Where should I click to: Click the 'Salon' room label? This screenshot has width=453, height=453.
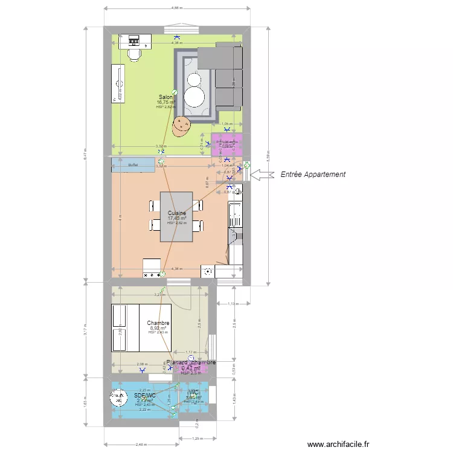point(165,97)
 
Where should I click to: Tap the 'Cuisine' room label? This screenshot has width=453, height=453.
point(177,213)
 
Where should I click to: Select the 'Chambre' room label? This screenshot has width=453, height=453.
point(158,323)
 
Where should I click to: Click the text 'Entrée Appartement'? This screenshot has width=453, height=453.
point(313,175)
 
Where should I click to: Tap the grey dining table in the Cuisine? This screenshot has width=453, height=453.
point(176,217)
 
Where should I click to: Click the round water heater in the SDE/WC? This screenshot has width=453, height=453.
point(115,398)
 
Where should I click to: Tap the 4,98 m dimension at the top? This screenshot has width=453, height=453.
point(176,8)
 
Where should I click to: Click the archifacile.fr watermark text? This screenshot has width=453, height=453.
point(338,444)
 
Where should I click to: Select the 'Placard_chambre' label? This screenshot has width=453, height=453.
point(191,362)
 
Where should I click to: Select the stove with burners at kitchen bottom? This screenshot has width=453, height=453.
point(151,269)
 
